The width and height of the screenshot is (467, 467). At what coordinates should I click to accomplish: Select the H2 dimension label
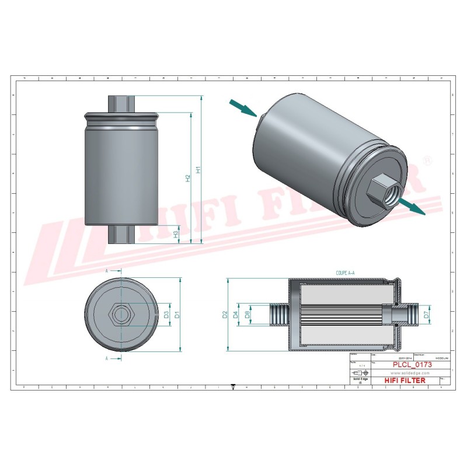click(x=188, y=178)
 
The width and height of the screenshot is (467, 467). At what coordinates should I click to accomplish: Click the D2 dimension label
click(x=225, y=315)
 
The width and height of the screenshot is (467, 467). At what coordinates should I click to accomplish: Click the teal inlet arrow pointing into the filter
click(x=243, y=107)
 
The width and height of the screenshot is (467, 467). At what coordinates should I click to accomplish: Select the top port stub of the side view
click(x=122, y=103)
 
